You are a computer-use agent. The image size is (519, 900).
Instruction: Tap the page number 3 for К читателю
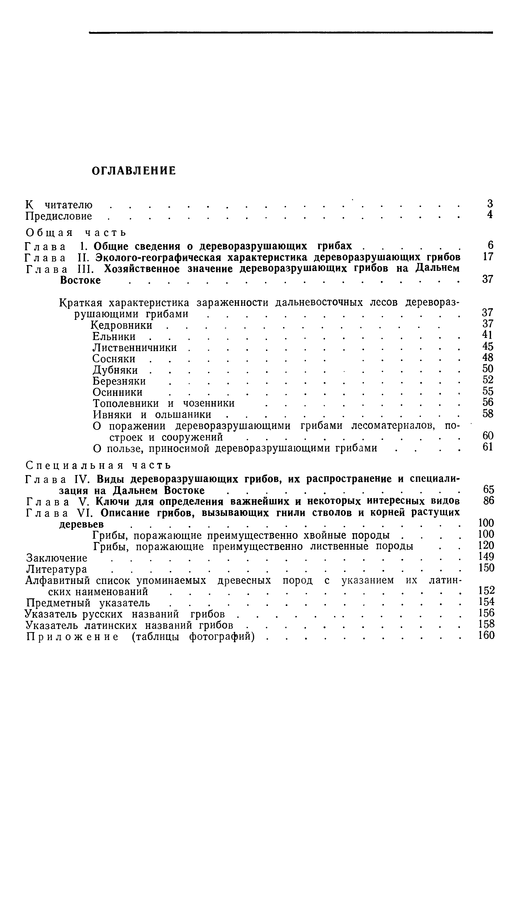490,204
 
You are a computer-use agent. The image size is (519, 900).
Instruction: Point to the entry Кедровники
122,325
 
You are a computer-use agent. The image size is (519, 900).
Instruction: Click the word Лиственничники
139,347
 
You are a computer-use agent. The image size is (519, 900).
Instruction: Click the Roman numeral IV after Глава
82,479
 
